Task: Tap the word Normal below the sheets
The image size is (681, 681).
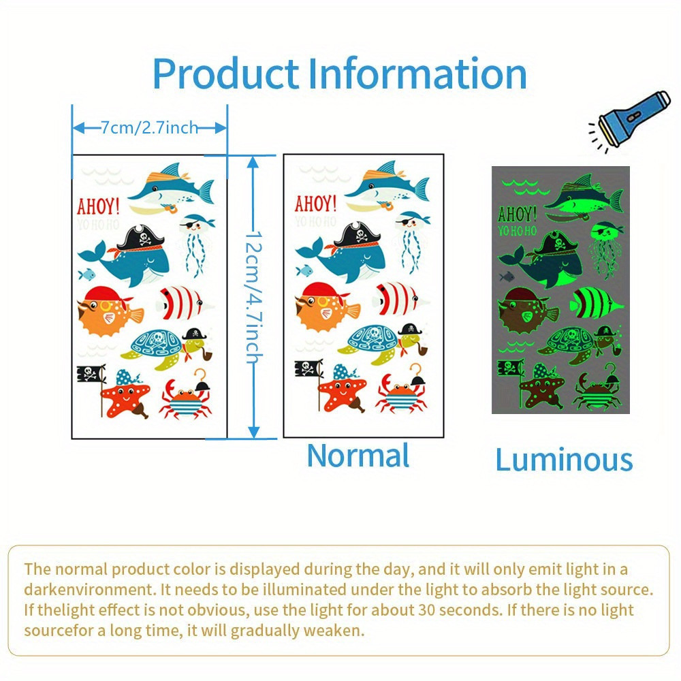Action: pyautogui.click(x=358, y=456)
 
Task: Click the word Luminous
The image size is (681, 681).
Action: pyautogui.click(x=564, y=460)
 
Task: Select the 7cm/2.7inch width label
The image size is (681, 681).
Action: pyautogui.click(x=149, y=127)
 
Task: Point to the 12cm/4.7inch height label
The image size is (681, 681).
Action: pyautogui.click(x=253, y=296)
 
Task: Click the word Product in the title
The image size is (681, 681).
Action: pyautogui.click(x=225, y=74)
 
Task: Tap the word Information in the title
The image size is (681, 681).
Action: pyautogui.click(x=417, y=74)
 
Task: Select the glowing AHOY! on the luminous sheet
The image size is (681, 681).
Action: pyautogui.click(x=517, y=215)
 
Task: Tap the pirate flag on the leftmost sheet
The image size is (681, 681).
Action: pyautogui.click(x=91, y=375)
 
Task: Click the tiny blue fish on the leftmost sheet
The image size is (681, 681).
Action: pyautogui.click(x=85, y=274)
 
